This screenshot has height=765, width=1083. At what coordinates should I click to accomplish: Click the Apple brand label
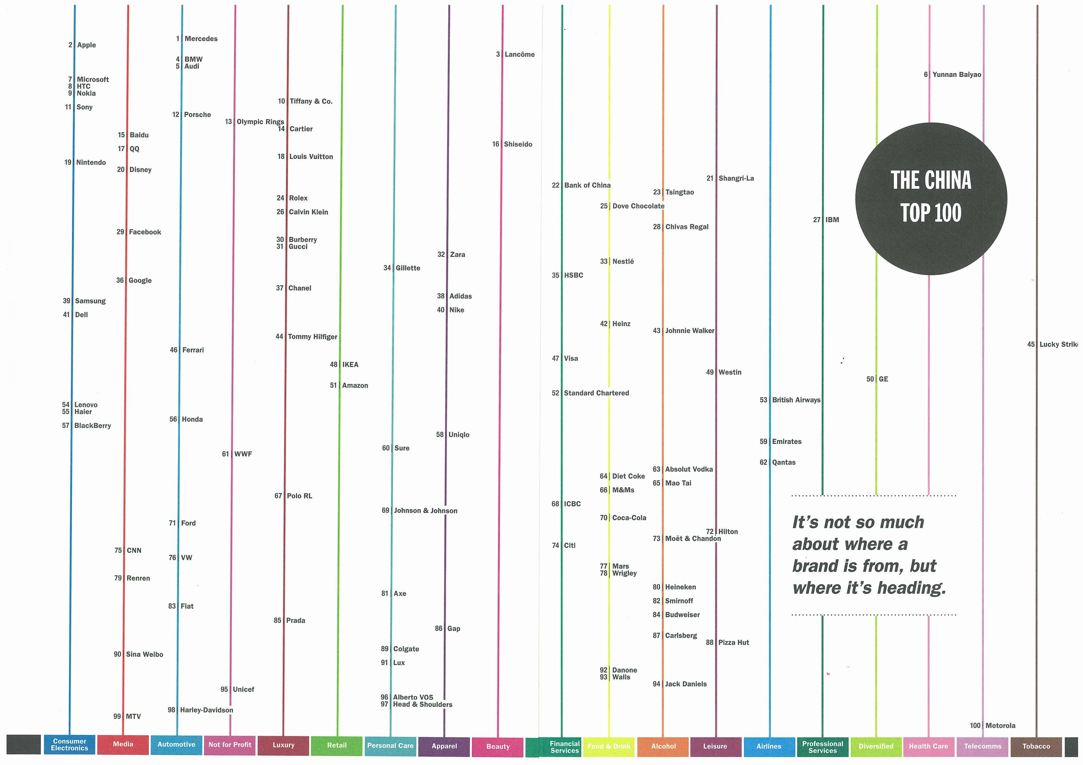(86, 45)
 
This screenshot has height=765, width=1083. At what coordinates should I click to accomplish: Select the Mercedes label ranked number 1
(201, 39)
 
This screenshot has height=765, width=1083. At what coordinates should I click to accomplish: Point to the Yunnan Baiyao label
(957, 75)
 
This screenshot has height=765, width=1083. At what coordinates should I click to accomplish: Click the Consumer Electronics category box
(70, 745)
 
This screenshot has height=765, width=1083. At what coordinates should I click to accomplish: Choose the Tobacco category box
(1036, 746)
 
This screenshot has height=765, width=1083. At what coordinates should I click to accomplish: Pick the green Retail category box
(337, 745)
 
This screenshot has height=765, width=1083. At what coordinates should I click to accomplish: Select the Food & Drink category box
(609, 746)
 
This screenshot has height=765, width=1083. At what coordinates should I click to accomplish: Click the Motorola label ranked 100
(1000, 725)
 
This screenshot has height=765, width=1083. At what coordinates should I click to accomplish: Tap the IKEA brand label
(350, 364)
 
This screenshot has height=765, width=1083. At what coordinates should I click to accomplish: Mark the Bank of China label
(587, 185)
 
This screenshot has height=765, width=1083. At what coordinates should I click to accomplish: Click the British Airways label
(796, 400)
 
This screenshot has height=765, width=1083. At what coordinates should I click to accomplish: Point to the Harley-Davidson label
(206, 710)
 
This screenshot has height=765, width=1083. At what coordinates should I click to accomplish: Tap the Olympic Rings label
(260, 122)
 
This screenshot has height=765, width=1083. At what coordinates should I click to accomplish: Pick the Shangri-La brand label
(736, 178)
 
